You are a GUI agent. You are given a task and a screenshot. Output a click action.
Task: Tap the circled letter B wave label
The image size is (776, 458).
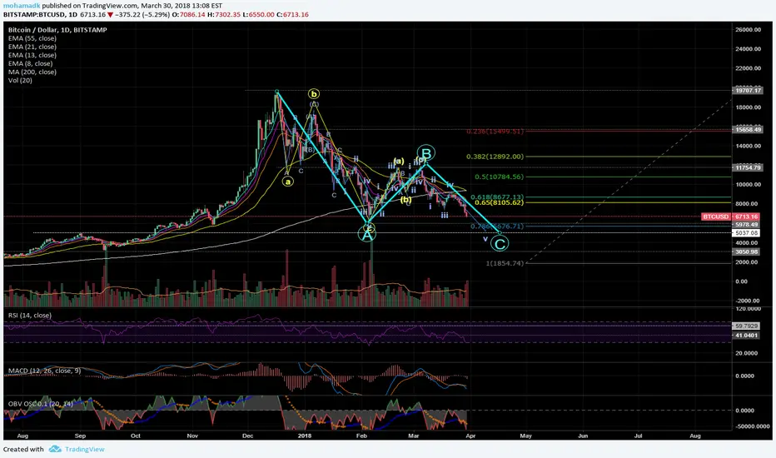click(x=425, y=153)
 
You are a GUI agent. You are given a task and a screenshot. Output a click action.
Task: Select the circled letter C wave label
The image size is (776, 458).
click(x=499, y=244)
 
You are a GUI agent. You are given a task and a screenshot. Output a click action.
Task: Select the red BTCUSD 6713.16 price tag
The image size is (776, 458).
click(x=728, y=217)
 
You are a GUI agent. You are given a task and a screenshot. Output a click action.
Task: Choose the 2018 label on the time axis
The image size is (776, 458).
click(x=305, y=436)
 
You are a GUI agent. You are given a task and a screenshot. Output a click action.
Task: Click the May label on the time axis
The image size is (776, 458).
click(x=525, y=436)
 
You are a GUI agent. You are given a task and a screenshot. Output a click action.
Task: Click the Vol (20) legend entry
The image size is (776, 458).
click(x=16, y=82)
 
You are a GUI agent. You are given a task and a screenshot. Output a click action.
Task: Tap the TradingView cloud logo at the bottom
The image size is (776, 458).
click(x=55, y=449)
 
